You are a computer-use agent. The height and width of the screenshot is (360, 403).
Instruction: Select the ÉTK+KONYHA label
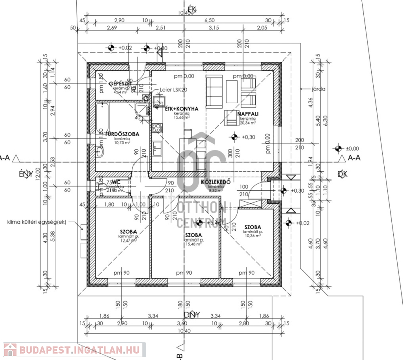click(x=182, y=109)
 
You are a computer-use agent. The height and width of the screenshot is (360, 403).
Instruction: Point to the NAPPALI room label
click(x=247, y=114)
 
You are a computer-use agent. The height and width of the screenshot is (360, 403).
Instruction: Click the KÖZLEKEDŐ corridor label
click(x=216, y=181)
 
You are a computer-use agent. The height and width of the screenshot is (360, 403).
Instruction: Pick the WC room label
click(x=116, y=182)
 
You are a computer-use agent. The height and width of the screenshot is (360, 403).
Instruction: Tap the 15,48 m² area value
click(x=194, y=244)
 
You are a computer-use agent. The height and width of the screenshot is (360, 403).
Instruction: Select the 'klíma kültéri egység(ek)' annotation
click(x=37, y=222)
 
